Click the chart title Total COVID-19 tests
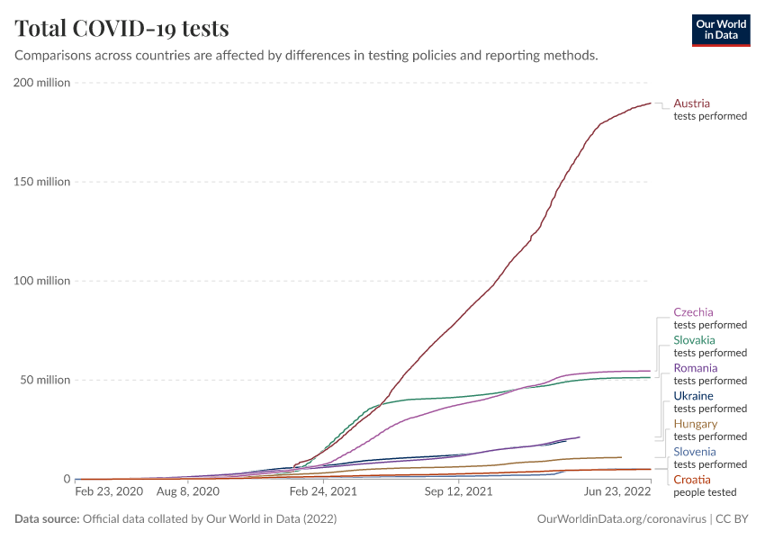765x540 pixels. (121, 28)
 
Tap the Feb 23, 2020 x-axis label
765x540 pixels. (109, 492)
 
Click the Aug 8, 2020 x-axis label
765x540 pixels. (188, 492)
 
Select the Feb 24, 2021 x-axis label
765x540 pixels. (324, 492)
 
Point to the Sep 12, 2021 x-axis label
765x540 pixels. (460, 492)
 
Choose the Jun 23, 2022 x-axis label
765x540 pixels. (616, 492)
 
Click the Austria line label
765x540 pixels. (691, 103)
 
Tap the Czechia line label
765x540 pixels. (693, 312)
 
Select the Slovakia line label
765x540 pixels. (694, 340)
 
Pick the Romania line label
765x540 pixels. (695, 368)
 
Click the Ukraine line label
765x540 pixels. (693, 396)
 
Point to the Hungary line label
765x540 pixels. (695, 424)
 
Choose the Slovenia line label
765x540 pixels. (694, 452)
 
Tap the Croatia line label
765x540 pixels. (691, 480)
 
